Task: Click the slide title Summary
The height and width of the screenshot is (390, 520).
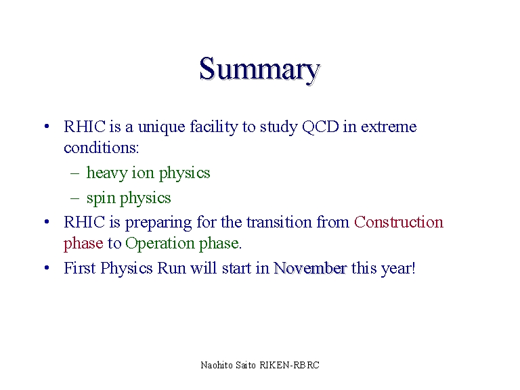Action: click(260, 70)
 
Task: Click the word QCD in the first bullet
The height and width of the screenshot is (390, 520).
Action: click(320, 127)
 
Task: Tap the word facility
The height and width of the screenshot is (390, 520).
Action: click(214, 127)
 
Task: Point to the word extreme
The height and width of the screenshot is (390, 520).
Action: click(389, 127)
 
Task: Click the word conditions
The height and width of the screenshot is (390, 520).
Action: click(101, 148)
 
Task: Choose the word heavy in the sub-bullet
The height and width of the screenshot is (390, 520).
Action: click(107, 173)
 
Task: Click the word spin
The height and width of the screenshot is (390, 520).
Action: click(101, 198)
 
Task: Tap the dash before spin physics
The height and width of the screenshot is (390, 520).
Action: click(75, 198)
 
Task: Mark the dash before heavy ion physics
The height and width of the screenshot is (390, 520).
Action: click(75, 173)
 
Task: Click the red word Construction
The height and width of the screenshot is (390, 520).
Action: click(399, 222)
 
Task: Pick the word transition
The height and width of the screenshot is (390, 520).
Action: click(279, 222)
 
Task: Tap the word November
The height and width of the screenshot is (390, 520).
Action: click(310, 268)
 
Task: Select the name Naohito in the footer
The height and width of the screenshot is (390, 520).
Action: click(217, 365)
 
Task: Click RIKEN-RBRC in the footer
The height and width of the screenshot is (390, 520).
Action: click(290, 365)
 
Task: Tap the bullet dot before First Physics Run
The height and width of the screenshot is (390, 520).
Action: click(47, 267)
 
